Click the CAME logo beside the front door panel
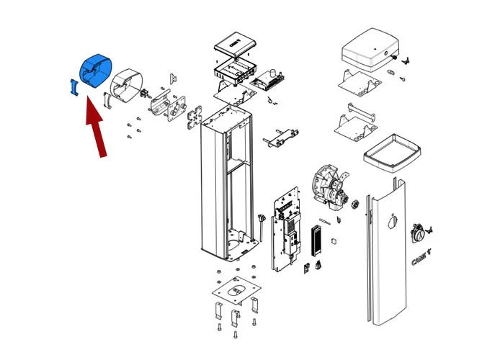click(x=419, y=258)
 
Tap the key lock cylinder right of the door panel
click(x=419, y=233)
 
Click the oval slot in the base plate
click(x=236, y=289)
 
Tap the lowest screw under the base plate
click(x=236, y=336)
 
